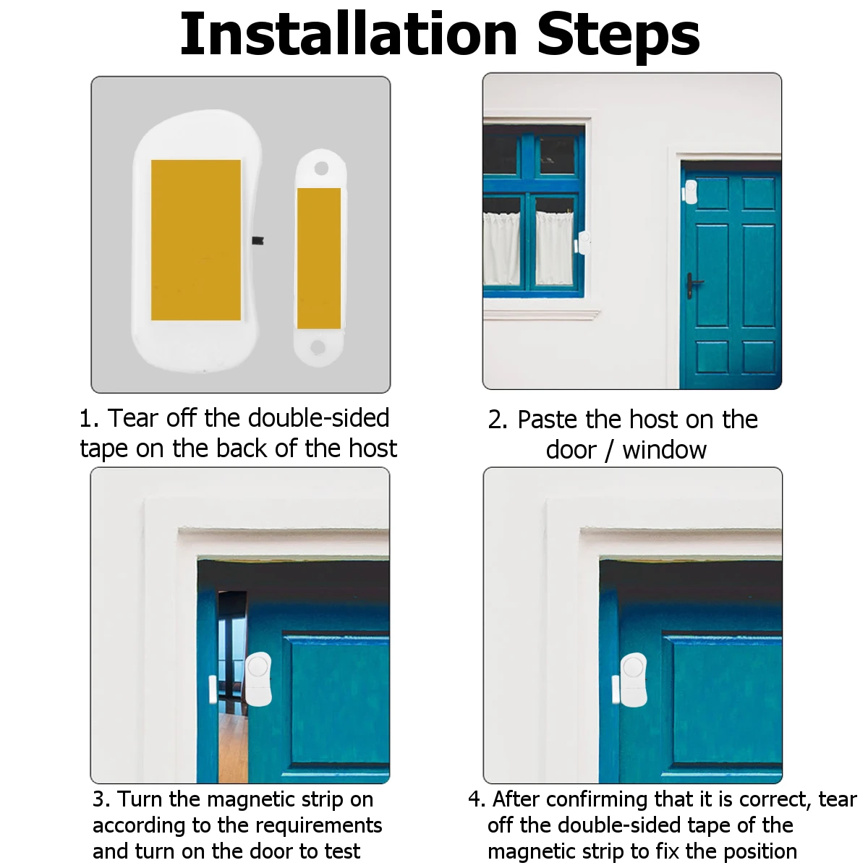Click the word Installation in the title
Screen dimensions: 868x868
(349, 34)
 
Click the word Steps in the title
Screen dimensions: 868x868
(618, 37)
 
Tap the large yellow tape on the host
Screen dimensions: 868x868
(196, 240)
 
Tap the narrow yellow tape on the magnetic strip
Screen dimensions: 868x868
(319, 258)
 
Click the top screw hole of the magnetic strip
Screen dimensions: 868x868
(321, 169)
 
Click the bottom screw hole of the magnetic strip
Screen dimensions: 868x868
(318, 347)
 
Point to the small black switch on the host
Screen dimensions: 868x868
(258, 241)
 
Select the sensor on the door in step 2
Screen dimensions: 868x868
(690, 192)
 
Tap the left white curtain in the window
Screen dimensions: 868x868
(501, 249)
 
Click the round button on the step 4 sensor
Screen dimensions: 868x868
(634, 668)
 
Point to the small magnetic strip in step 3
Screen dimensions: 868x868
(213, 690)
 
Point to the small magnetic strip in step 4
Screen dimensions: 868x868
(616, 689)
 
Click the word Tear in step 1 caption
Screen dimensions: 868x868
(133, 419)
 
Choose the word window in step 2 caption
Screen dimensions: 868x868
(665, 450)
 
